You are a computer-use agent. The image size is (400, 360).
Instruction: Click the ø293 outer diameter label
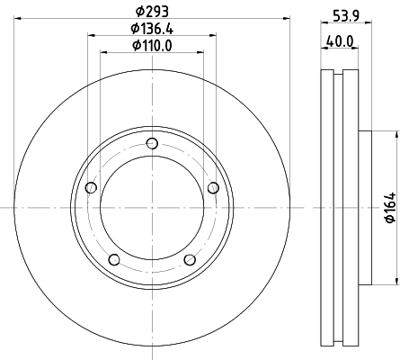[151, 10]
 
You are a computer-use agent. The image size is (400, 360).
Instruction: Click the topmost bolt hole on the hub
[151, 143]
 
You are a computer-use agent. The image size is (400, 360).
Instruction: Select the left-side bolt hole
[90, 187]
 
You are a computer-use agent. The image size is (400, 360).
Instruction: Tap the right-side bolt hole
[213, 187]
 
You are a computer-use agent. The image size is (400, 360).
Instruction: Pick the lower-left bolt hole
[113, 260]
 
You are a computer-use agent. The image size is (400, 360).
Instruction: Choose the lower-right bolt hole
[190, 260]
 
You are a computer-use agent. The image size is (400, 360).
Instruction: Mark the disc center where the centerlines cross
[151, 208]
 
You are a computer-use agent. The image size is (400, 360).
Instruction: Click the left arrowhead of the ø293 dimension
[19, 17]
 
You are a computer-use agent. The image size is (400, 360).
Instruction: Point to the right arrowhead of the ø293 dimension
[283, 17]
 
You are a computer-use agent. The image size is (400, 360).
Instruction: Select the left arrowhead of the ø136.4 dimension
[90, 37]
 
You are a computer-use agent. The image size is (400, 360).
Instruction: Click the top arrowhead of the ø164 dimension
[394, 136]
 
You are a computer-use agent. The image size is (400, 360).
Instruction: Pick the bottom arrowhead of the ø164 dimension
[394, 281]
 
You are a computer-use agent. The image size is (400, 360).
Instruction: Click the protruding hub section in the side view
[365, 208]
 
